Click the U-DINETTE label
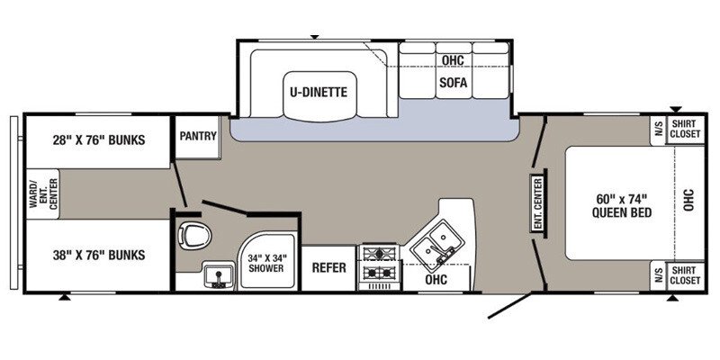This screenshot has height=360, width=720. [x=318, y=92]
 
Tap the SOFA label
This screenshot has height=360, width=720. [x=452, y=81]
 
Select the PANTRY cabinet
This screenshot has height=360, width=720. [x=197, y=137]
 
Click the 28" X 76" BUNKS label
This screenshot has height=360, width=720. [x=98, y=139]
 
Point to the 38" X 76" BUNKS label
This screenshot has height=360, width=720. [x=98, y=255]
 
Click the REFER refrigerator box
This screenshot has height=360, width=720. [x=329, y=268]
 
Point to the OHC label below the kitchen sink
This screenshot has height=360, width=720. [x=436, y=279]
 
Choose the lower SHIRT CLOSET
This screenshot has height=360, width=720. [x=685, y=275]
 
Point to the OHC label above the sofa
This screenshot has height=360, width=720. [x=452, y=59]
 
